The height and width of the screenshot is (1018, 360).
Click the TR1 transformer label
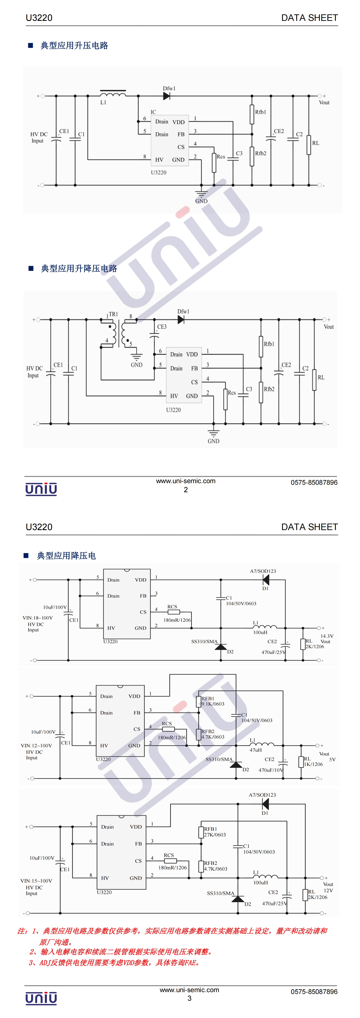click(x=113, y=314)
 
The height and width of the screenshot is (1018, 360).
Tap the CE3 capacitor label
click(x=162, y=327)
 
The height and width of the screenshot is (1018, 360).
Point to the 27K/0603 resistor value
click(x=215, y=835)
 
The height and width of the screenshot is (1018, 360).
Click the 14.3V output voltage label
click(x=327, y=636)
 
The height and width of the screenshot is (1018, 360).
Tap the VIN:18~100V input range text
click(x=38, y=618)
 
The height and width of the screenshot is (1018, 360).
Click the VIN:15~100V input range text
click(x=36, y=881)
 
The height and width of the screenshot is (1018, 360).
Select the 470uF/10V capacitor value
click(x=271, y=770)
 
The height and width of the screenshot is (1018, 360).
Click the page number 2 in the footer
click(x=186, y=490)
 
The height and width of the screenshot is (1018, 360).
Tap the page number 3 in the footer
click(x=189, y=998)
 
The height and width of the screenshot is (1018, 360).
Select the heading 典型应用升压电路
click(x=74, y=45)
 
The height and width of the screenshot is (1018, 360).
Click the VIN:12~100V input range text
click(x=36, y=746)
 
